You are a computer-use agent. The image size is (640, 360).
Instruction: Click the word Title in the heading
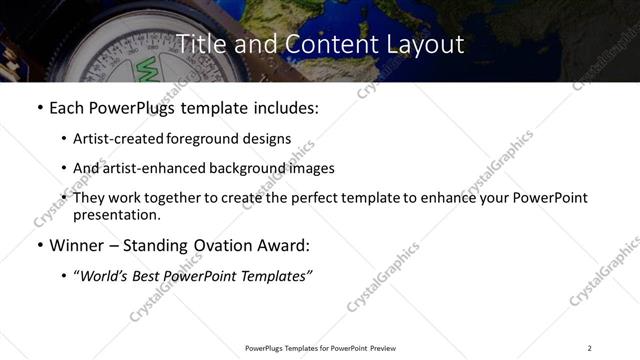(x=199, y=44)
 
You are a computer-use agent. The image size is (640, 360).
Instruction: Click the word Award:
(x=283, y=245)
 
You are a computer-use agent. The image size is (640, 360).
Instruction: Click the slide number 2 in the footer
(x=589, y=348)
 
